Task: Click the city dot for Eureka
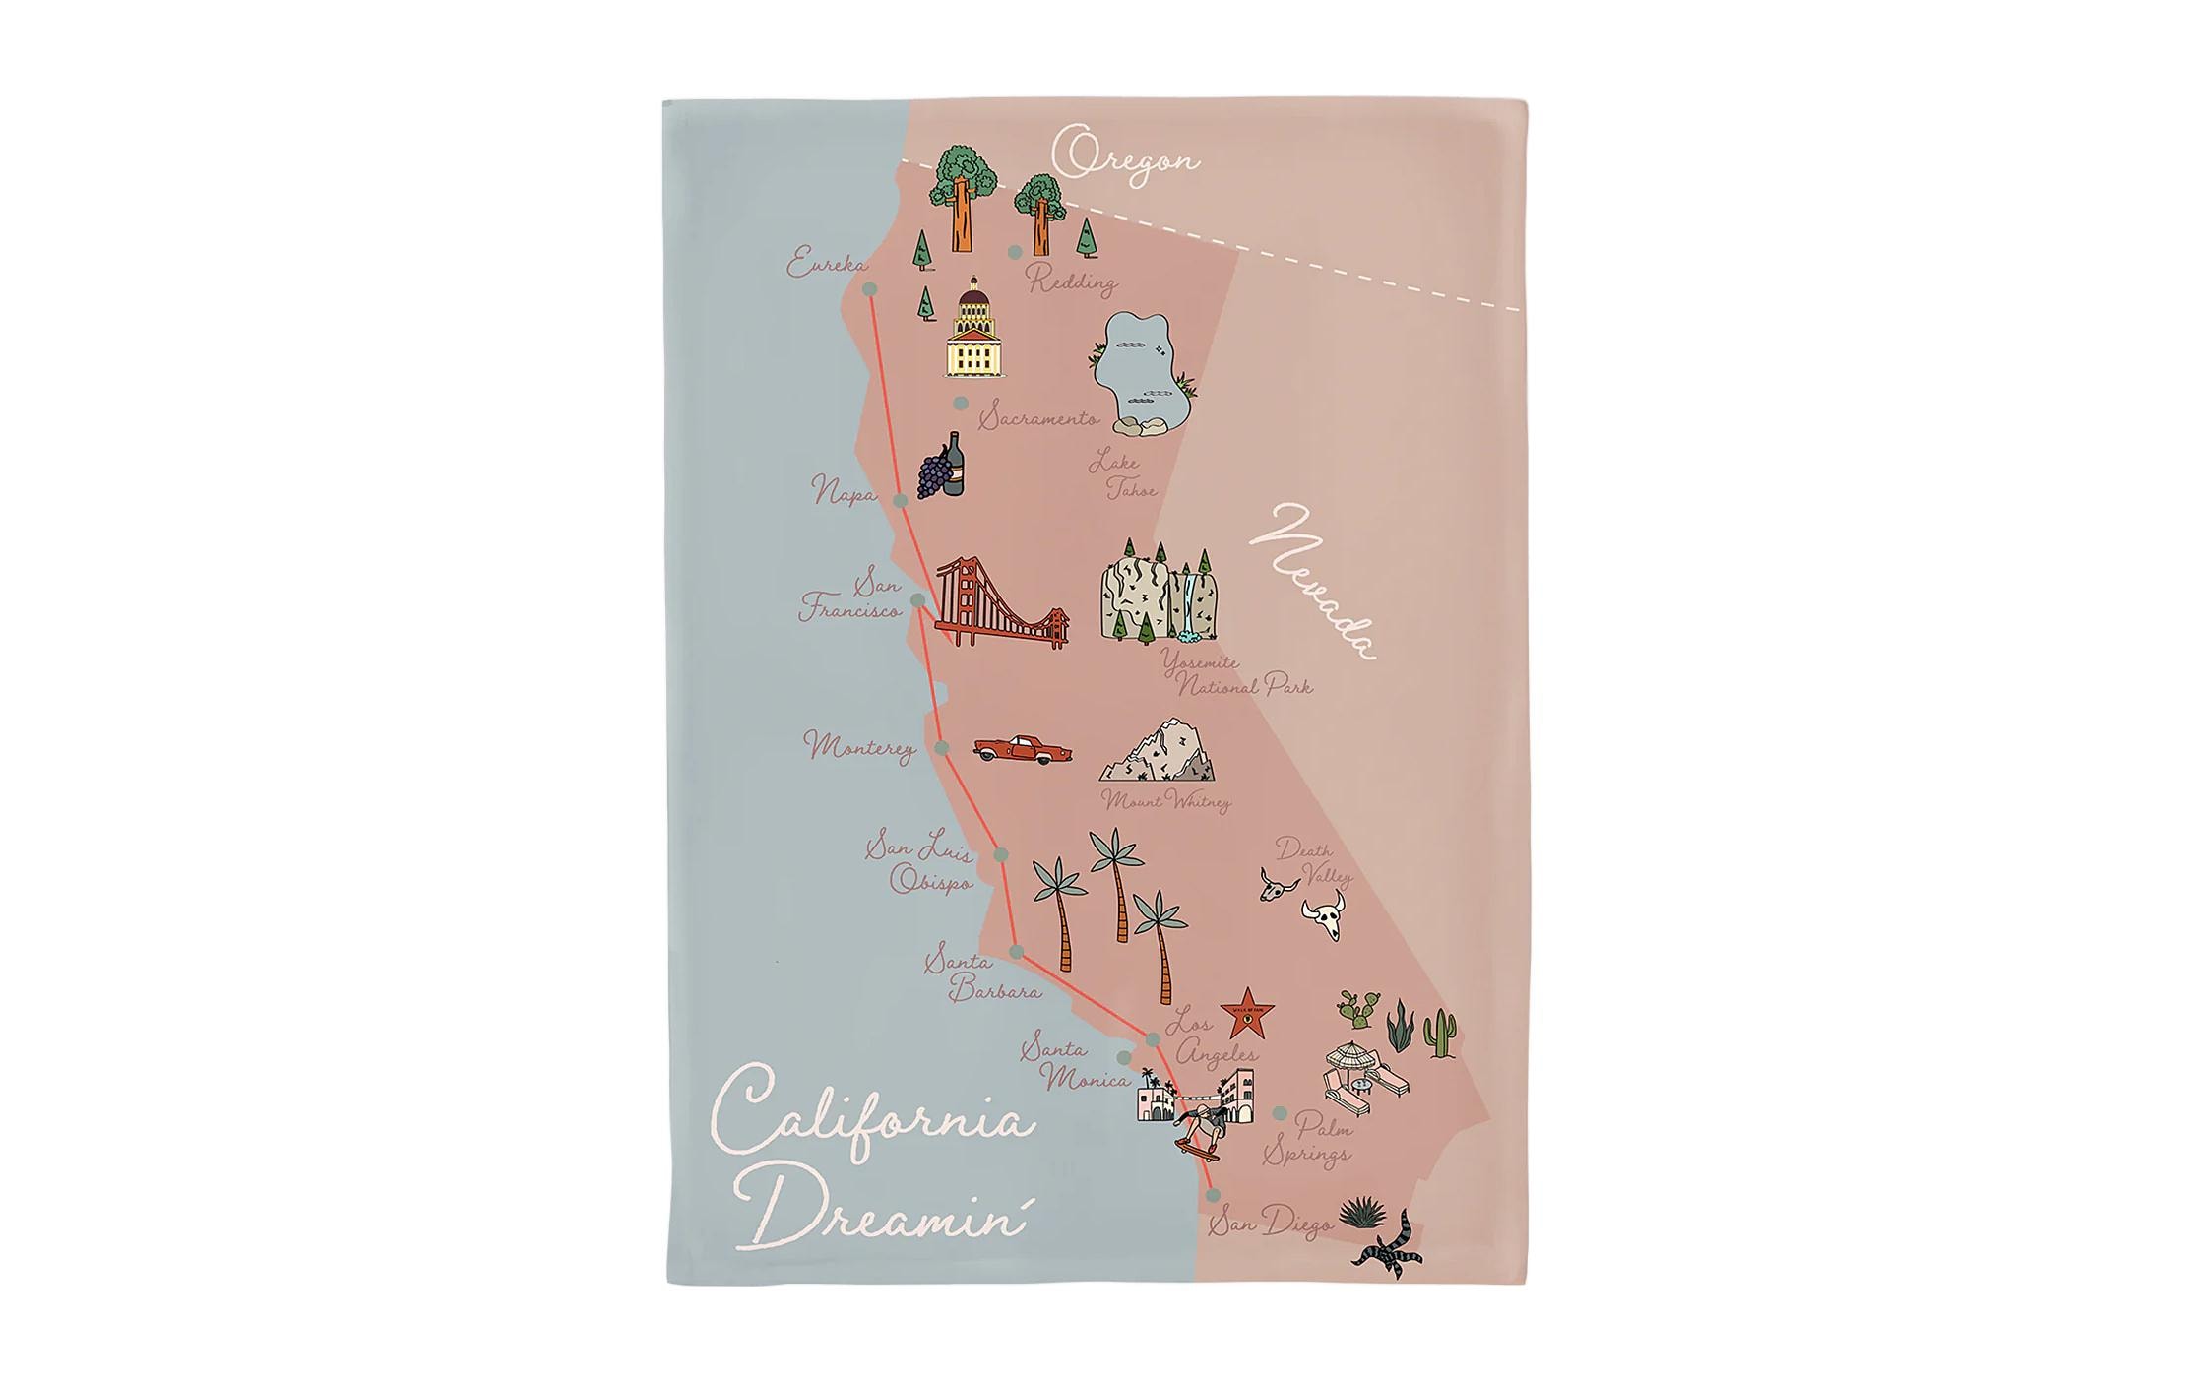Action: [869, 289]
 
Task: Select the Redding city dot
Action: [1014, 253]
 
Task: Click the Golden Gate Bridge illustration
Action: [999, 605]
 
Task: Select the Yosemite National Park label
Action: [1236, 674]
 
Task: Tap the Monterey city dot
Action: [941, 749]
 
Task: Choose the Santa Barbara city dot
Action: [1016, 952]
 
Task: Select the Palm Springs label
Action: [1309, 1138]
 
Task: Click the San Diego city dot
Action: [1213, 1195]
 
